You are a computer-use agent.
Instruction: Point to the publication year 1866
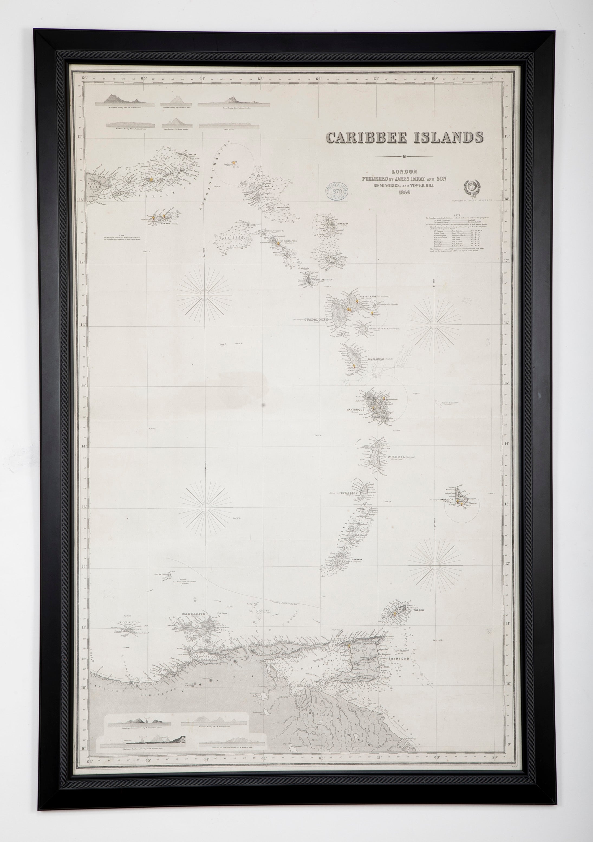403,193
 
